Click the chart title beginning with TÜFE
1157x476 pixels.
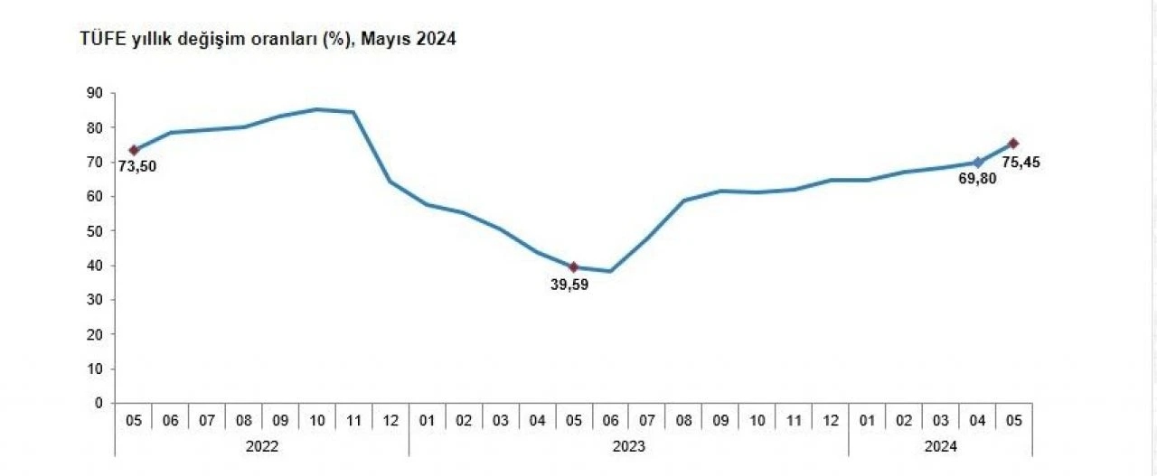(x=268, y=40)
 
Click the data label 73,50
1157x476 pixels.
(x=136, y=165)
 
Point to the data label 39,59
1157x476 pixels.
(x=569, y=285)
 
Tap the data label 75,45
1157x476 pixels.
(x=1021, y=163)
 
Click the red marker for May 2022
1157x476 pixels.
(x=134, y=150)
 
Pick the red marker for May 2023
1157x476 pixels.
(x=573, y=266)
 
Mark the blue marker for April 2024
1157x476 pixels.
(x=977, y=163)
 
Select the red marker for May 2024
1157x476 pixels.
(x=1013, y=143)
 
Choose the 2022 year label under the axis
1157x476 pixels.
(x=262, y=445)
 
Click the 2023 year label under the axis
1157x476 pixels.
(x=628, y=445)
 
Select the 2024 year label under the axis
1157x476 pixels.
(x=940, y=445)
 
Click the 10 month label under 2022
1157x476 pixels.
(x=316, y=420)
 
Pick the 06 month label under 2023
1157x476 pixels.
(x=610, y=420)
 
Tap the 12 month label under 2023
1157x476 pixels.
(x=830, y=420)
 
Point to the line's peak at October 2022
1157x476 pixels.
(x=316, y=109)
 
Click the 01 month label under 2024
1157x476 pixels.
(x=867, y=420)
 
